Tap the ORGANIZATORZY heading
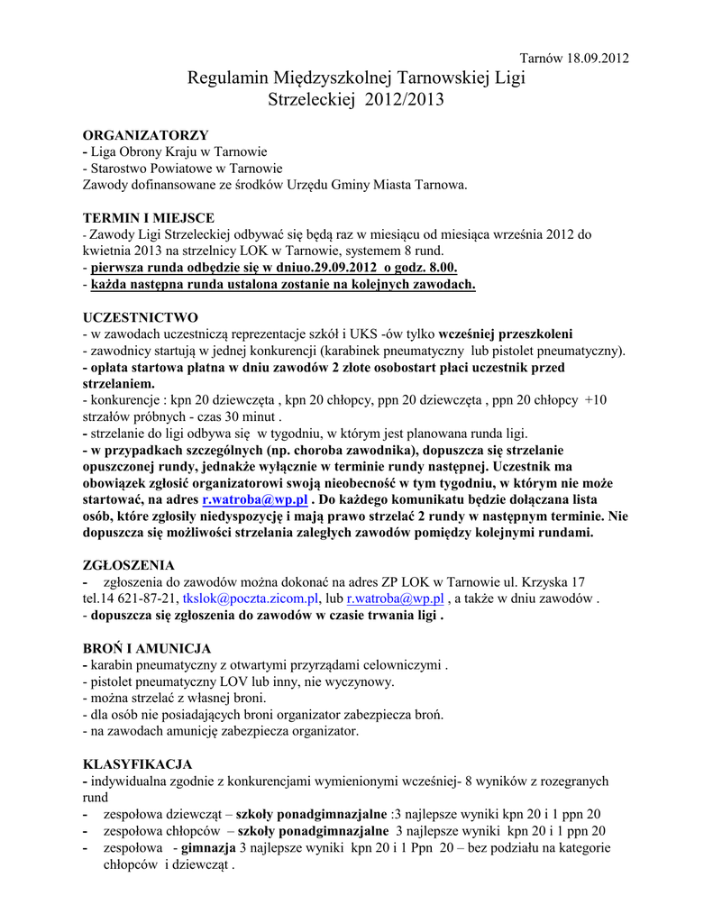145,134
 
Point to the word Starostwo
118,168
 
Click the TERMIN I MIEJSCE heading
149,218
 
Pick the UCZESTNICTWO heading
140,317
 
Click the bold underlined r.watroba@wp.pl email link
255,499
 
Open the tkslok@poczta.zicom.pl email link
251,599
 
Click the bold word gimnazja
208,848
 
